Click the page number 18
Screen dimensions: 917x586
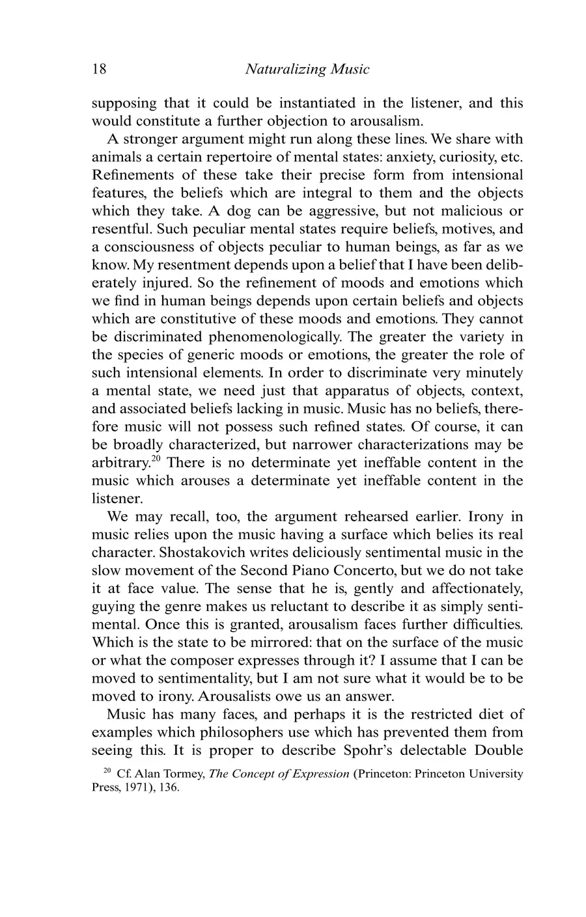(99, 69)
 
